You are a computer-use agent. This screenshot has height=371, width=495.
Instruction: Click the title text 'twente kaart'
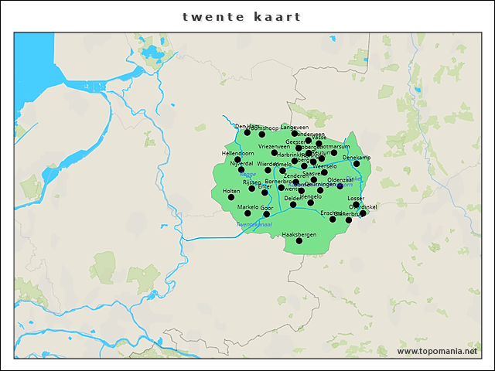tap(242, 16)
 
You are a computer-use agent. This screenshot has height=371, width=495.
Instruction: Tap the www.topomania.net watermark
tap(437, 352)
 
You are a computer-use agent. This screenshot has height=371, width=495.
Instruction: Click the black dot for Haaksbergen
tap(299, 241)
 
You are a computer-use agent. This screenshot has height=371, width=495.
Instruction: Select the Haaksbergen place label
tap(299, 233)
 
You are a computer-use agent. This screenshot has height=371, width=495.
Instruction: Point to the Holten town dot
tap(230, 197)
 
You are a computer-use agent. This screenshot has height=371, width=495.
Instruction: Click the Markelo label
tap(247, 207)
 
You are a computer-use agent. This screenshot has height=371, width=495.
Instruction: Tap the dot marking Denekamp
tap(357, 164)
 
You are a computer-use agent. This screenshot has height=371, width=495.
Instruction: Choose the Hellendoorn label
tap(237, 153)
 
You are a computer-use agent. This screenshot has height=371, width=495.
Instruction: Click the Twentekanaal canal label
tap(254, 224)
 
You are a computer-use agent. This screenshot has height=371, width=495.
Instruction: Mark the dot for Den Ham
tap(247, 133)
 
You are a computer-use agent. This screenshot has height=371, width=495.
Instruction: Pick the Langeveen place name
tap(295, 127)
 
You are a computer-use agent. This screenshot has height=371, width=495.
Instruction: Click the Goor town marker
tap(267, 214)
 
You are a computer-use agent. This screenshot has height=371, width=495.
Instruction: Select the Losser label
tap(356, 199)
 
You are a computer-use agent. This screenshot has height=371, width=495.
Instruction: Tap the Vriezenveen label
tap(275, 146)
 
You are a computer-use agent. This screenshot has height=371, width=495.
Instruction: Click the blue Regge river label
tap(247, 175)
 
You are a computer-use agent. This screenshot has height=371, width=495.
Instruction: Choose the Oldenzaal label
tap(340, 179)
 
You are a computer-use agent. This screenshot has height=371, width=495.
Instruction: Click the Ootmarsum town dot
tap(334, 152)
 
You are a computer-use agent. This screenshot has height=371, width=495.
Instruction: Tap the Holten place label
tap(231, 190)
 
